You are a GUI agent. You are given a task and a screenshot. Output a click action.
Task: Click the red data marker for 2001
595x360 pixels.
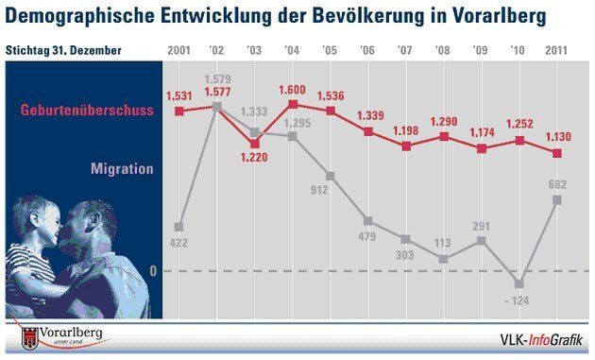click(x=179, y=111)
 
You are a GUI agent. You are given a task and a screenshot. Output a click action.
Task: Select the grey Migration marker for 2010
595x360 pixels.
click(x=519, y=283)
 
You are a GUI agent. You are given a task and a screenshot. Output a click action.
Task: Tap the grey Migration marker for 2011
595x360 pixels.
click(x=556, y=199)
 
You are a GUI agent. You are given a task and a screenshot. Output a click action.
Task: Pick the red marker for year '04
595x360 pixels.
click(x=293, y=104)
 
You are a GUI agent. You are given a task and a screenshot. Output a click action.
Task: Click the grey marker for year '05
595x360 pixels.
click(x=331, y=176)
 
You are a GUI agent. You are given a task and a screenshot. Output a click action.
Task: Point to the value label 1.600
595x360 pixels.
click(x=292, y=90)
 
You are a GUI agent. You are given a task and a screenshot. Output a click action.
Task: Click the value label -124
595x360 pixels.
click(x=518, y=300)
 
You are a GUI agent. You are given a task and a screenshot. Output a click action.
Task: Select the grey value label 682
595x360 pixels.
click(x=557, y=184)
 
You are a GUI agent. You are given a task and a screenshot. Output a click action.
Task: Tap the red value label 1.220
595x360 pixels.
click(x=254, y=157)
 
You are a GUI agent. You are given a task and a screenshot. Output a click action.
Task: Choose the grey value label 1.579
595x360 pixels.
click(x=217, y=79)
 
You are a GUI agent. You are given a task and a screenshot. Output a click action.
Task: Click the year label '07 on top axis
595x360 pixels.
click(x=404, y=50)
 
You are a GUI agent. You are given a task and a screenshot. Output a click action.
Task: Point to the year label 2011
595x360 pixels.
click(x=556, y=50)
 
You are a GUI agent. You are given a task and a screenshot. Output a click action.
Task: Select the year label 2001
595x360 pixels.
click(x=178, y=50)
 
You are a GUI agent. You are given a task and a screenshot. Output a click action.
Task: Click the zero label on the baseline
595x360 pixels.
click(x=153, y=271)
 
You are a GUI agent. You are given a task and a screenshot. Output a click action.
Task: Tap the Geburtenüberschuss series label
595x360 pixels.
click(x=87, y=111)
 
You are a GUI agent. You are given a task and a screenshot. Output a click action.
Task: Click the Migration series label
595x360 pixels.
click(x=122, y=168)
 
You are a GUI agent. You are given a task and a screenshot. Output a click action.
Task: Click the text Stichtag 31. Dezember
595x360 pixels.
click(x=63, y=50)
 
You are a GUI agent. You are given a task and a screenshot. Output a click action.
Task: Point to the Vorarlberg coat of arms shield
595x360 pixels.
click(x=30, y=338)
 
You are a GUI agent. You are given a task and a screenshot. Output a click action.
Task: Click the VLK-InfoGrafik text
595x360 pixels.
click(x=541, y=339)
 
